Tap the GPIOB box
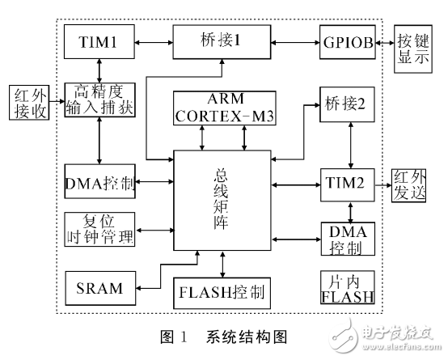tap(346, 40)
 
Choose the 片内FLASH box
tap(348, 288)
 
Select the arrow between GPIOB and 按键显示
tap(385, 40)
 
